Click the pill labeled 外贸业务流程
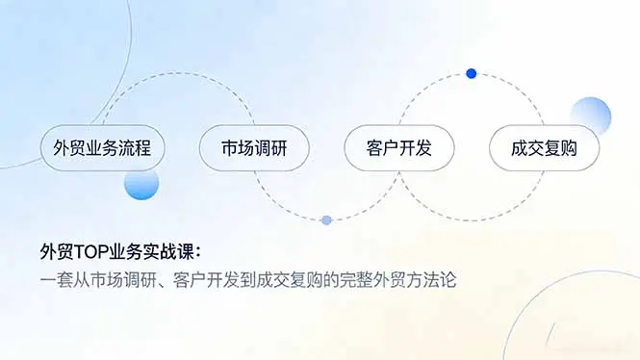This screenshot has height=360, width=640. coord(102,149)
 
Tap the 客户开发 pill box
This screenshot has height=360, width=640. coord(398,149)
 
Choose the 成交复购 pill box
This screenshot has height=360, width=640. coord(543,149)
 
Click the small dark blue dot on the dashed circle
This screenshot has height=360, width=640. coord(471,73)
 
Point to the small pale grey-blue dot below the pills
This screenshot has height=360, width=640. coord(326,220)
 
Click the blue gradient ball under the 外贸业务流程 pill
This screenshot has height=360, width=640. coord(141,183)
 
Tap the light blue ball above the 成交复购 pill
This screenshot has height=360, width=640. coord(590,116)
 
